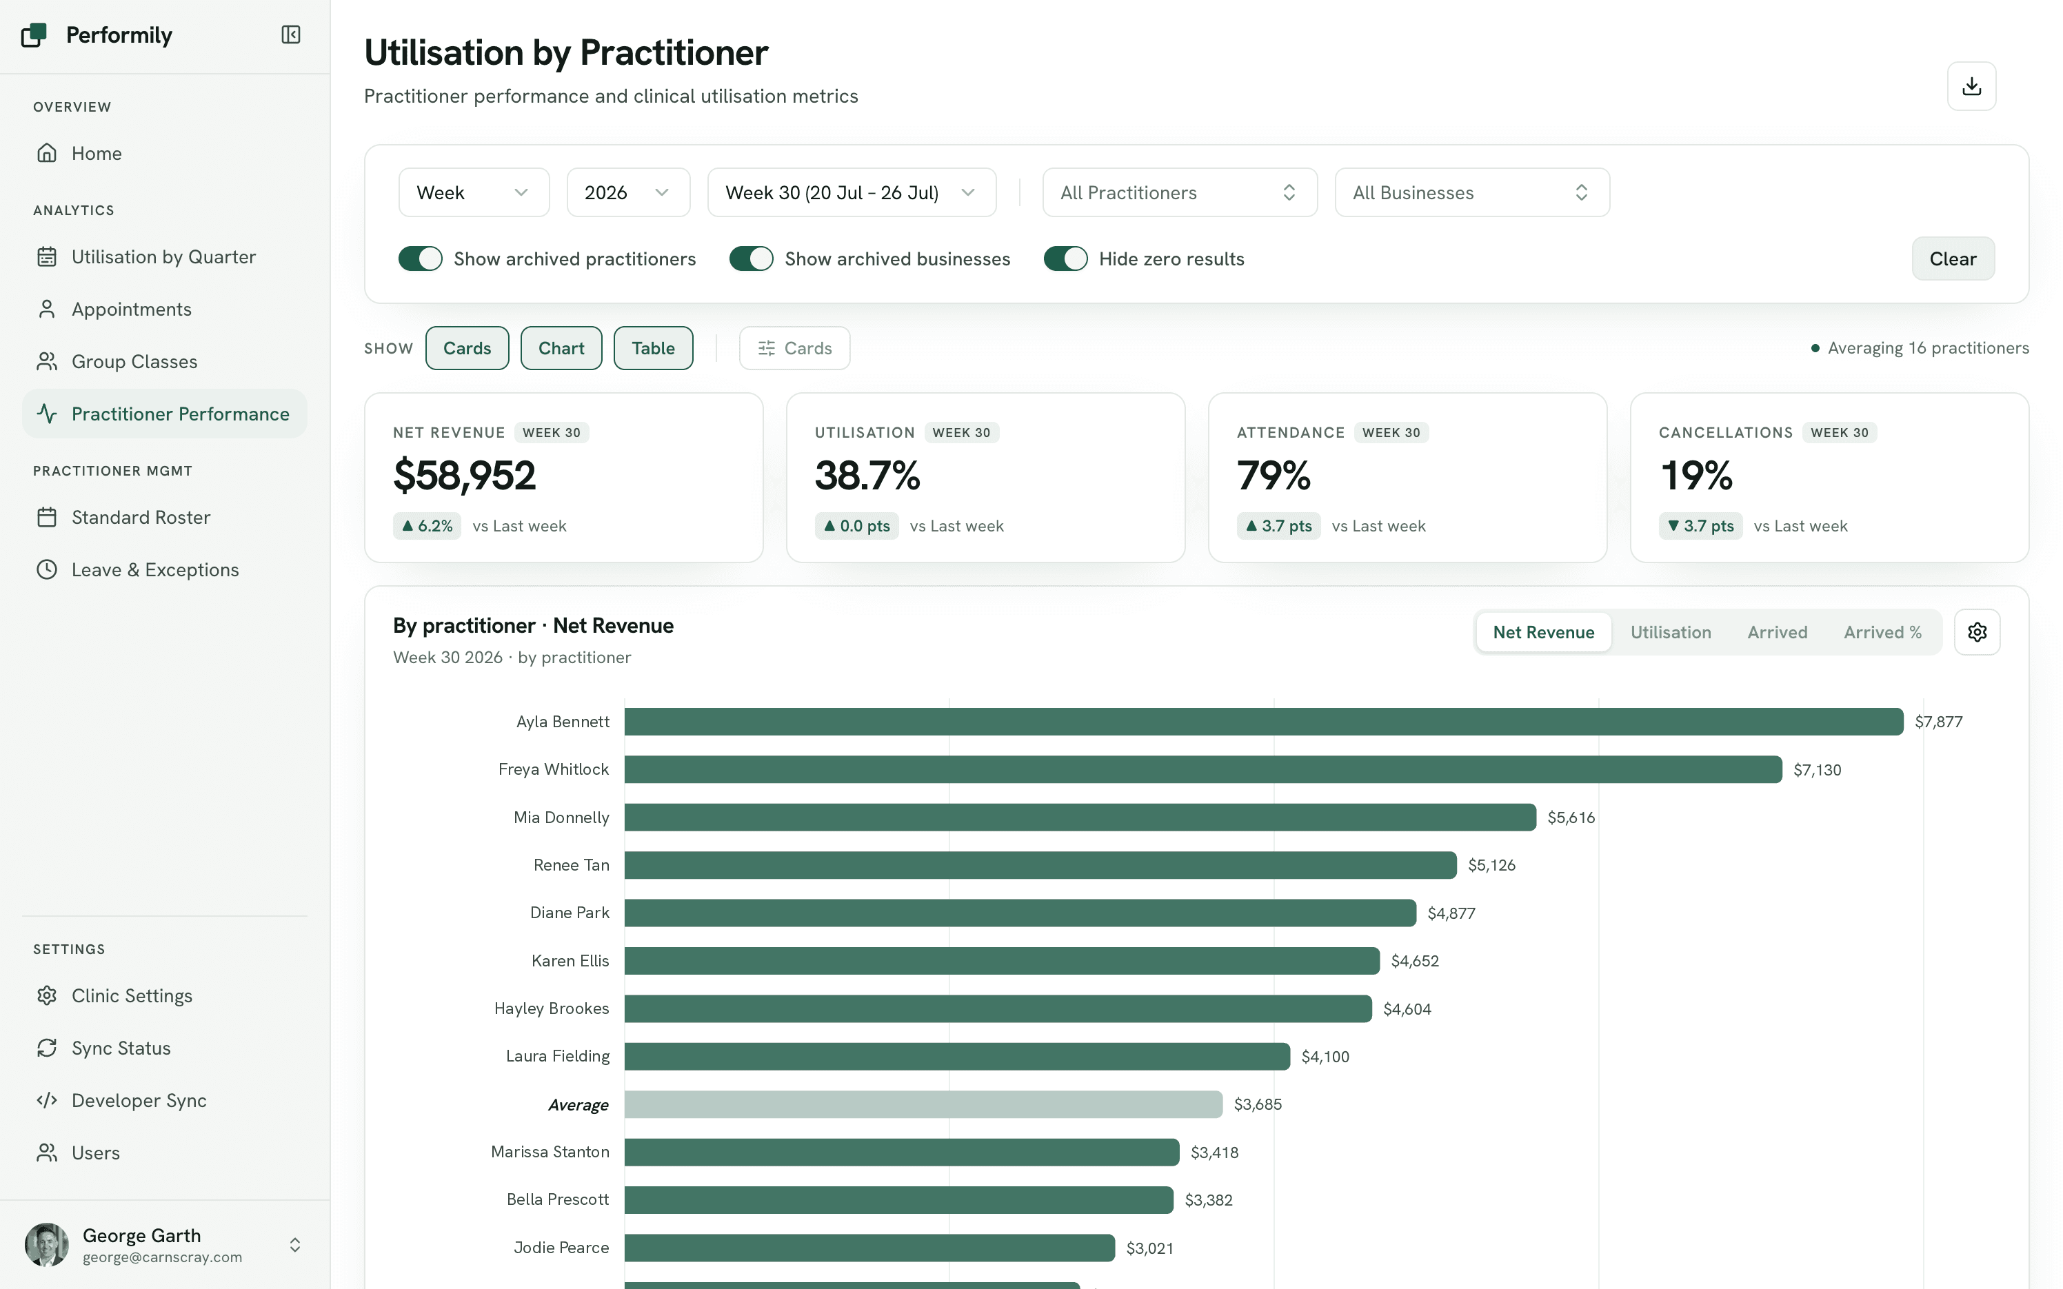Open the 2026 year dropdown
[x=627, y=193]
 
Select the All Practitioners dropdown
[x=1179, y=193]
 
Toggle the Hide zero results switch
[x=1065, y=258]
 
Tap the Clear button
[x=1952, y=258]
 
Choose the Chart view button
[x=561, y=348]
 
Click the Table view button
[x=653, y=348]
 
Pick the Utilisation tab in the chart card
[x=1670, y=631]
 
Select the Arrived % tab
[x=1882, y=631]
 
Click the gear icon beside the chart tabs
[x=1977, y=631]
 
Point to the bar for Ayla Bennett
[x=1263, y=721]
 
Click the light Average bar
[x=923, y=1104]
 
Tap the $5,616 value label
[x=1570, y=818]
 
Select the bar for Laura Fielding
[x=957, y=1056]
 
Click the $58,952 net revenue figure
[x=465, y=476]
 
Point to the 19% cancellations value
[x=1696, y=476]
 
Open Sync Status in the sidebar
[x=121, y=1048]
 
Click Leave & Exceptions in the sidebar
[x=155, y=569]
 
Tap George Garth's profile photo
[x=47, y=1245]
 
